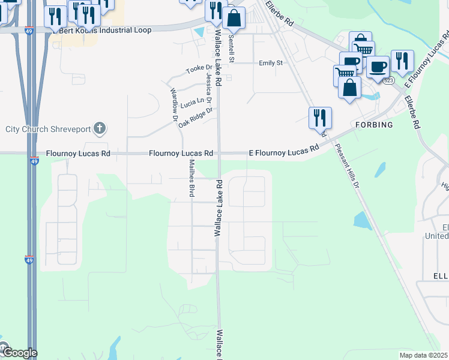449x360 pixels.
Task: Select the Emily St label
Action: pyautogui.click(x=270, y=62)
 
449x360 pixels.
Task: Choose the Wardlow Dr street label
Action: pyautogui.click(x=174, y=101)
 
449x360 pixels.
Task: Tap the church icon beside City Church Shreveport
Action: pyautogui.click(x=100, y=128)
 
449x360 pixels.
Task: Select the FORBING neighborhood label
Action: pyautogui.click(x=373, y=125)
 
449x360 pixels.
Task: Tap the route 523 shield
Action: pyautogui.click(x=389, y=80)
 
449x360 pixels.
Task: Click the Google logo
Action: pyautogui.click(x=19, y=352)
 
